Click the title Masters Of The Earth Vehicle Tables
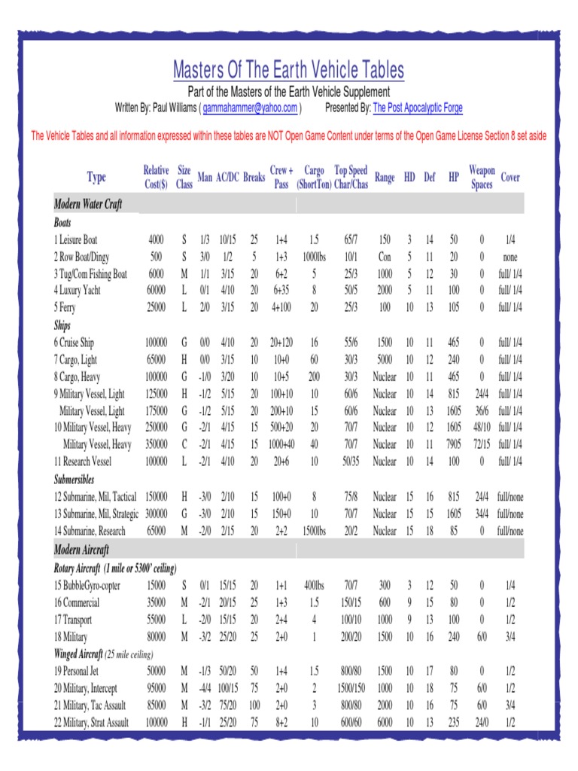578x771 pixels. (288, 71)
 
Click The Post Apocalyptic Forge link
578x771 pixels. (418, 108)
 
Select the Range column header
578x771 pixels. (385, 178)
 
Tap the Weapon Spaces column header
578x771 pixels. (482, 178)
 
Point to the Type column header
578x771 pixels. (96, 178)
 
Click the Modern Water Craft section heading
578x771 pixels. (88, 205)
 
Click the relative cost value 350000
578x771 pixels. (157, 445)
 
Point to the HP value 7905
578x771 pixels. (454, 445)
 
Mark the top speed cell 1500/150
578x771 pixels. (351, 688)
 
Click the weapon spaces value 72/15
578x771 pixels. (482, 445)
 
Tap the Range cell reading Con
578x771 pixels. (385, 257)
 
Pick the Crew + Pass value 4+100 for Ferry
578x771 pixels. (281, 308)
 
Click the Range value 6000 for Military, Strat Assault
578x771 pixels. (385, 723)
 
